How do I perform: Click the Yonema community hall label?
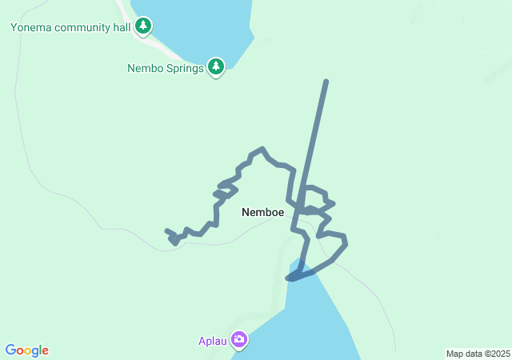pos(70,27)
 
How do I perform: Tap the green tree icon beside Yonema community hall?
pos(143,26)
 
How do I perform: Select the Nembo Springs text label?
pos(166,68)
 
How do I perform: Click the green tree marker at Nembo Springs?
pos(215,67)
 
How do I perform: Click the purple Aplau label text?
pos(213,341)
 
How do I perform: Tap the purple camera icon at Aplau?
pos(238,340)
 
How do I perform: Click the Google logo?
pos(27,350)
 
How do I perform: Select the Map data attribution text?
pos(478,354)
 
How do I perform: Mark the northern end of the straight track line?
pos(326,82)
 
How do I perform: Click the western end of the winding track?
pos(167,232)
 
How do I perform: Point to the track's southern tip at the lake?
pos(289,278)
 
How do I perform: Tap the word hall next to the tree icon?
pos(122,27)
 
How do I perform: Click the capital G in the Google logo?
pos(10,350)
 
